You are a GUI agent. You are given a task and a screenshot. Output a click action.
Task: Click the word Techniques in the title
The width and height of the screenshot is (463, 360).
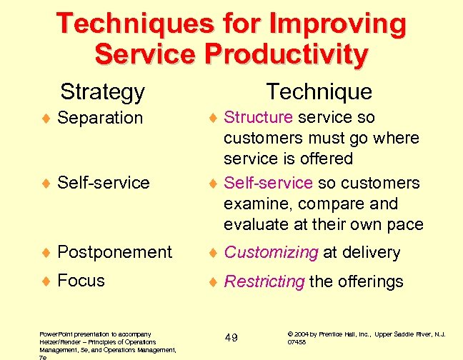[x=132, y=24]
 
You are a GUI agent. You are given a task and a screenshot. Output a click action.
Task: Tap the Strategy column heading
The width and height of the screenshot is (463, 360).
[x=102, y=91]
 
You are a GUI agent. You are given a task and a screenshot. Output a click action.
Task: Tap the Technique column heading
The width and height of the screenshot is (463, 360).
[x=319, y=91]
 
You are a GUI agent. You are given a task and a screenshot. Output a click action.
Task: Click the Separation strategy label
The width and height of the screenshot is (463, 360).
[x=100, y=118]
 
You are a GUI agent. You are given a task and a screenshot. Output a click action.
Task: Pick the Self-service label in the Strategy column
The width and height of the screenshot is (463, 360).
[x=103, y=183]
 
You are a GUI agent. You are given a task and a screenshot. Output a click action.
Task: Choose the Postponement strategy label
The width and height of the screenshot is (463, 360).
[x=114, y=252]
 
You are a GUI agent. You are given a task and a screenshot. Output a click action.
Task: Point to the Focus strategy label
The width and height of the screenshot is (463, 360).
[x=81, y=281]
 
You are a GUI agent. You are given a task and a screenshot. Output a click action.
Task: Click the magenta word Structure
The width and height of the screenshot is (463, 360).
[x=258, y=117]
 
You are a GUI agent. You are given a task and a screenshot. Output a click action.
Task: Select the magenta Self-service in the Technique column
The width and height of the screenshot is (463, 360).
[x=268, y=183]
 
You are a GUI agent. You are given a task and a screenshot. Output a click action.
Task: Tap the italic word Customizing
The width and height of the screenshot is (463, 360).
[x=271, y=252]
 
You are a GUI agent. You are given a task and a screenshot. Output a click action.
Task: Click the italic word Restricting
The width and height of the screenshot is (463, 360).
[x=264, y=281]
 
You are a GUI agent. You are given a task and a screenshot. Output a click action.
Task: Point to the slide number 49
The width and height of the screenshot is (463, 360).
[x=231, y=337]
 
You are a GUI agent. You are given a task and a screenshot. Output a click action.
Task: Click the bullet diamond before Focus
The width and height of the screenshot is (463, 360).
[x=44, y=281]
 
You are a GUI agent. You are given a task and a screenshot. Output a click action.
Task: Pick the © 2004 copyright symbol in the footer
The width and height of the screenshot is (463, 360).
[x=290, y=334]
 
